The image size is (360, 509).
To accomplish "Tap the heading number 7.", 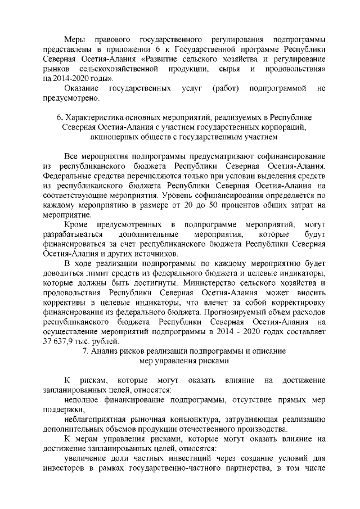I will click(x=85, y=351).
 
